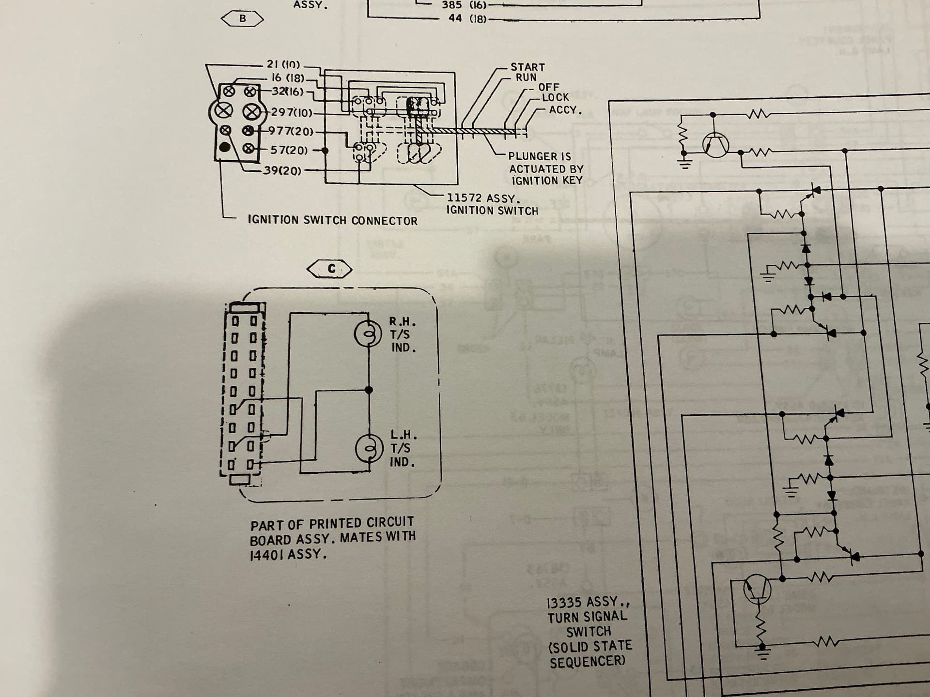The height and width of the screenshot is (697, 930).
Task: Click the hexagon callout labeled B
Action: point(242,19)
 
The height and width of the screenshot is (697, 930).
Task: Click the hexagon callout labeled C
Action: point(330,269)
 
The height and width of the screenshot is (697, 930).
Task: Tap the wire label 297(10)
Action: point(292,112)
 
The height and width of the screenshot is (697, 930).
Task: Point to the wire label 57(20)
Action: point(289,150)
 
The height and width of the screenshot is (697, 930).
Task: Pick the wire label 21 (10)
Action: point(283,64)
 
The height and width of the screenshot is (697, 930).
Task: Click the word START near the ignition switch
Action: point(527,67)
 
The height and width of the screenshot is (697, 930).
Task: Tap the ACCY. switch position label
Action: point(565,110)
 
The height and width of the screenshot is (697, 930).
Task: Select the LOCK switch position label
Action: point(555,97)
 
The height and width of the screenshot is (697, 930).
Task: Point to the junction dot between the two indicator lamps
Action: point(369,390)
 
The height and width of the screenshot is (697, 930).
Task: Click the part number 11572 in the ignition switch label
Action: point(464,198)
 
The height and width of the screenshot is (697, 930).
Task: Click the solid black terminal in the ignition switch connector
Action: point(225,147)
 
